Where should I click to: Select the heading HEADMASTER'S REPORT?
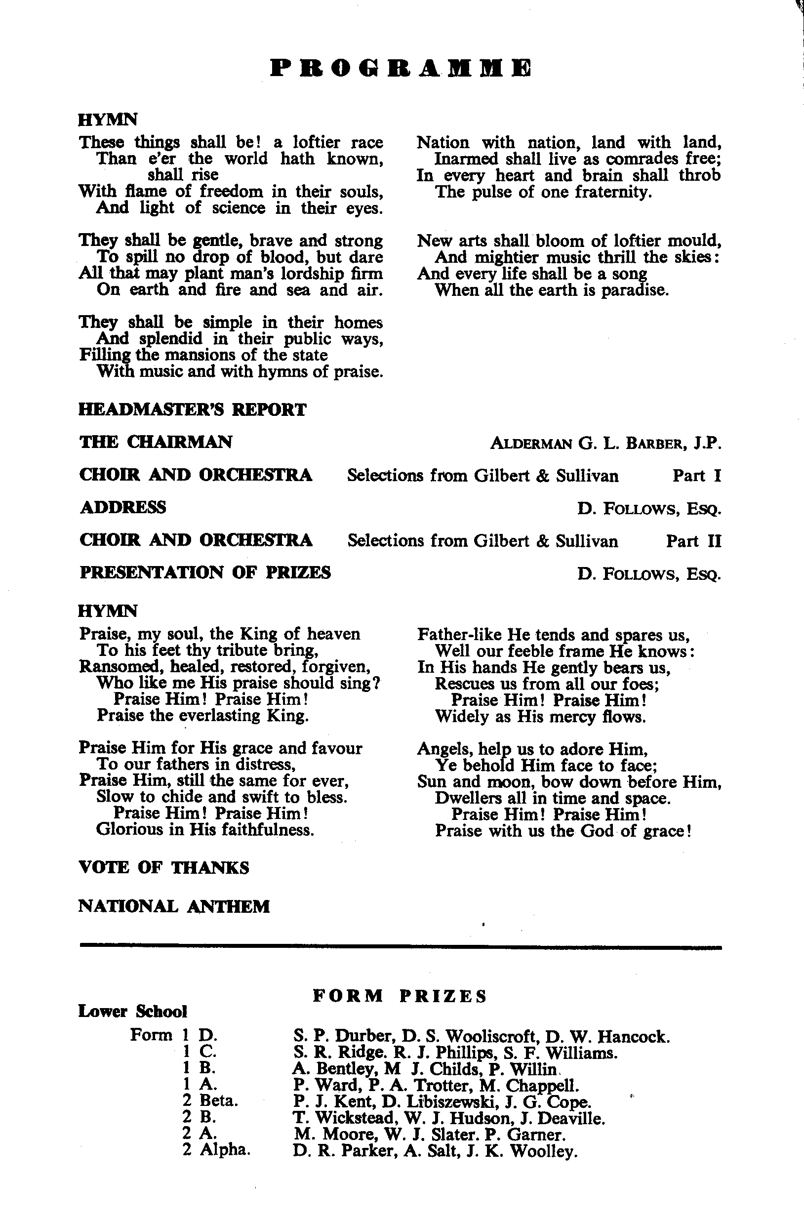[192, 410]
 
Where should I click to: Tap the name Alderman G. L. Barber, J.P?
[605, 443]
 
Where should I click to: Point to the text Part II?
[693, 540]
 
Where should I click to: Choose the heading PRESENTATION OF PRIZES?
[205, 572]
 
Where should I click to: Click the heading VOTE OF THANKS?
[163, 867]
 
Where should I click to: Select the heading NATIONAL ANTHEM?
[174, 906]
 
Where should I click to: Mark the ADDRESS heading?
[123, 508]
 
